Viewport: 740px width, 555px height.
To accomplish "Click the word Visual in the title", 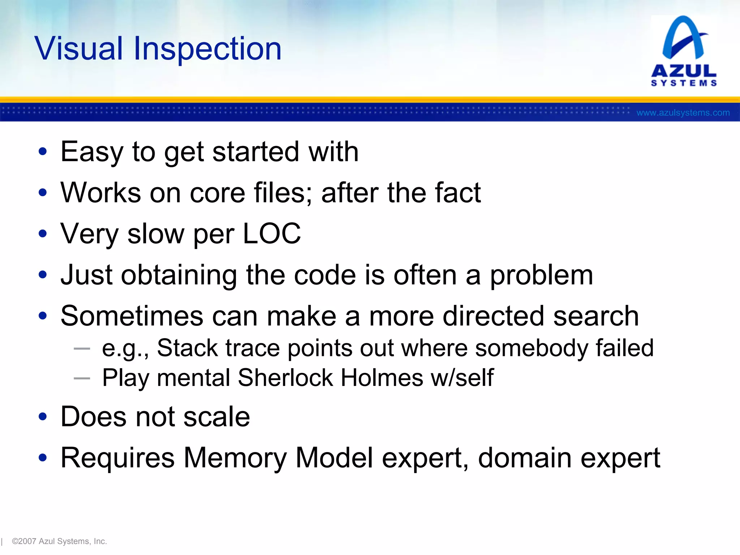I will pos(79,48).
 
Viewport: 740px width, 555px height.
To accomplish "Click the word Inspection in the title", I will pos(207,49).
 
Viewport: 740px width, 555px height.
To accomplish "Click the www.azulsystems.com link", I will pos(683,113).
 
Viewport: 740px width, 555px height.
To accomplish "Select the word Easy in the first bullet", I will pos(92,152).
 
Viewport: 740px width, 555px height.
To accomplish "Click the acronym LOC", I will pos(271,234).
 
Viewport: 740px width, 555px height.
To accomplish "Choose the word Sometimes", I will pos(132,316).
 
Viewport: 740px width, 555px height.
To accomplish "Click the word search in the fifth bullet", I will pos(596,316).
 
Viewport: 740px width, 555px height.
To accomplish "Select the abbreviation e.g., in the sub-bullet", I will pos(125,348).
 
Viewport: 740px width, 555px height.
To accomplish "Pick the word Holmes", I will pos(382,378).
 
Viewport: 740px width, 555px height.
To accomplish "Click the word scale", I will pos(216,417).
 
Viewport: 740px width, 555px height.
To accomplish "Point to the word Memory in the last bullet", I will pos(235,458).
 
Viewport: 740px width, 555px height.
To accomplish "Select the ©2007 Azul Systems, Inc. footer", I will pos(59,541).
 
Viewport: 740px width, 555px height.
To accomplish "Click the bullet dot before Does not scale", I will pos(43,417).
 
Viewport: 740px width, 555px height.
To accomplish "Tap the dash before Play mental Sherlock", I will pos(82,378).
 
